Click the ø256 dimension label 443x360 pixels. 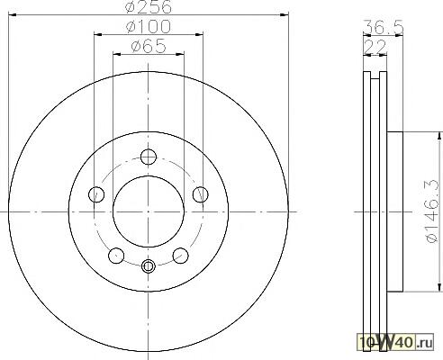149,6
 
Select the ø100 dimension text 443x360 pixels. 149,26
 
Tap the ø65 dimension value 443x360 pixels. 149,46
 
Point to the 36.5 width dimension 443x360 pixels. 384,27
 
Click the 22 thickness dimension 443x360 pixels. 375,47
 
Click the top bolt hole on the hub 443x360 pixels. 149,157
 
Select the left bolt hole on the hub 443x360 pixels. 96,194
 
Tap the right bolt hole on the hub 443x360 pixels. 201,194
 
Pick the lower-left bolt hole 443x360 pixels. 116,256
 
